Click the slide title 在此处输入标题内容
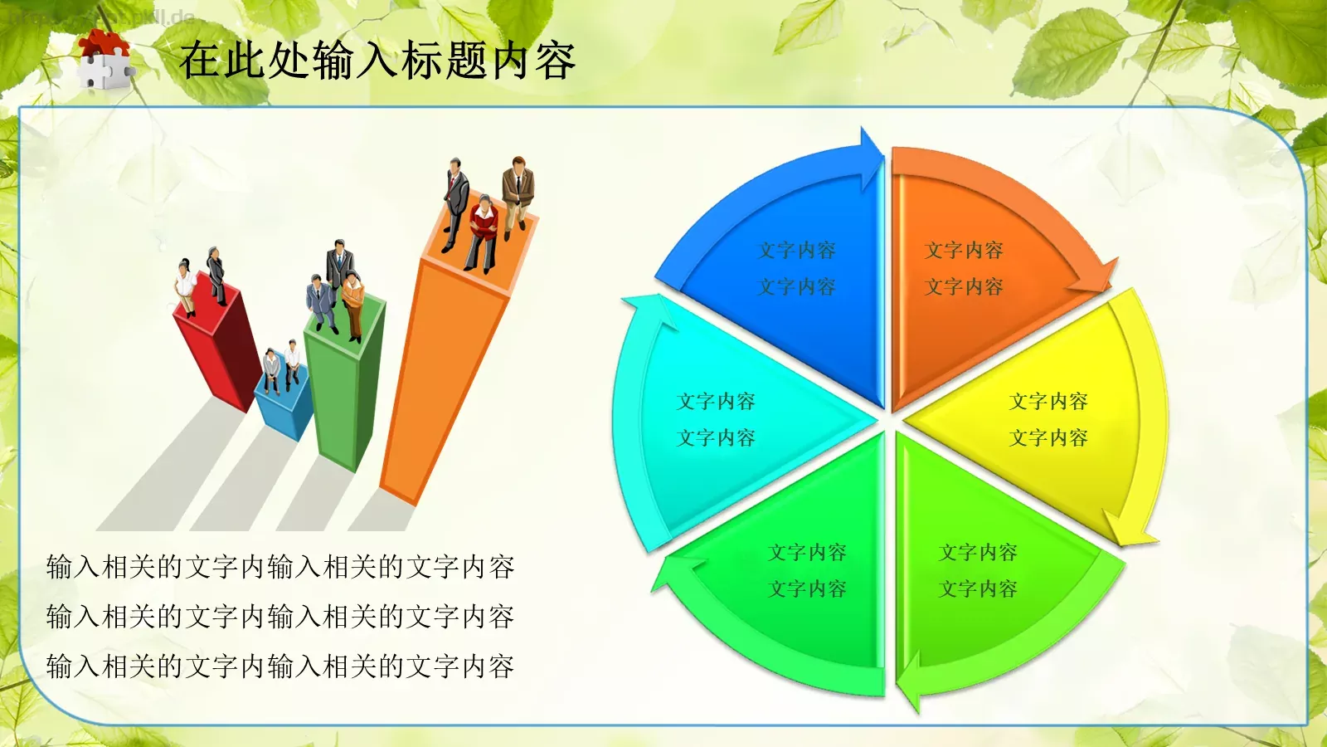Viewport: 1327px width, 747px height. pyautogui.click(x=377, y=61)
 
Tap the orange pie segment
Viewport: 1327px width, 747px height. pyautogui.click(x=970, y=274)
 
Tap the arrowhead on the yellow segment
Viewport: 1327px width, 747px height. pyautogui.click(x=1129, y=531)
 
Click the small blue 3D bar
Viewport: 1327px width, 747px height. pyautogui.click(x=282, y=407)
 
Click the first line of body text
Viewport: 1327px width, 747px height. pyautogui.click(x=280, y=567)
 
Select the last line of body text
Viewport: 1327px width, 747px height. pyautogui.click(x=280, y=666)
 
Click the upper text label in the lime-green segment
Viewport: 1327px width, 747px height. pyautogui.click(x=978, y=552)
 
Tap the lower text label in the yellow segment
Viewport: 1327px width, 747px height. pyautogui.click(x=1048, y=437)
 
